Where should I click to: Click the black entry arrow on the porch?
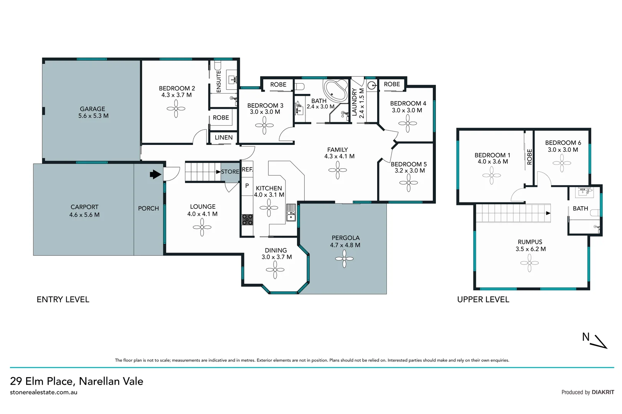(x=155, y=174)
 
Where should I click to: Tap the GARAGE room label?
(x=92, y=109)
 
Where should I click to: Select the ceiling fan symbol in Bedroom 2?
(x=176, y=108)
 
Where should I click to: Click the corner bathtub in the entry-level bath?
(x=335, y=90)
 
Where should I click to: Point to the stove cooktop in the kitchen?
(x=247, y=219)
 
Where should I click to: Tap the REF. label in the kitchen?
(x=247, y=169)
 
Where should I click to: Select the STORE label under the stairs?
(x=230, y=172)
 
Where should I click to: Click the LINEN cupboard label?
(x=223, y=137)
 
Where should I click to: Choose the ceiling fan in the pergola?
(x=344, y=259)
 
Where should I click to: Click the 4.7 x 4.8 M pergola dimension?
(x=345, y=245)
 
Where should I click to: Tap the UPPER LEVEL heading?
(x=483, y=299)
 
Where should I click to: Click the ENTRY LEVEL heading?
(x=63, y=299)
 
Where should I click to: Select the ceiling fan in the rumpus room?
(x=530, y=263)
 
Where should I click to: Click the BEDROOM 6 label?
(x=563, y=143)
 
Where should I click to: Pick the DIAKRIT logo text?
(x=603, y=392)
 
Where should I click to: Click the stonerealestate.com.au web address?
(x=44, y=392)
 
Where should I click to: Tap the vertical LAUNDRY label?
(x=354, y=102)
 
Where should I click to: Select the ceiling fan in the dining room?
(x=275, y=270)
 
